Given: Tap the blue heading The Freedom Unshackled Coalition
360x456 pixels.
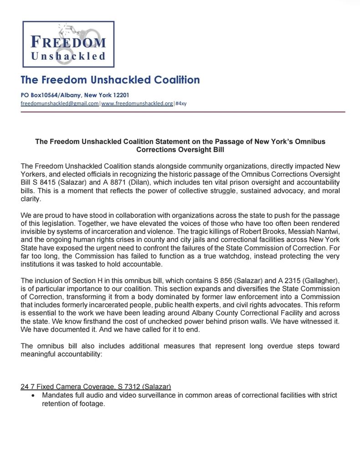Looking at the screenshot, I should click(110, 80).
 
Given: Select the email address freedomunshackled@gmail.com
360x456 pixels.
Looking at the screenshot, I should click(60, 104).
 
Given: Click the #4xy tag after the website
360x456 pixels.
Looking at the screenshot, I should click(180, 104).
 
